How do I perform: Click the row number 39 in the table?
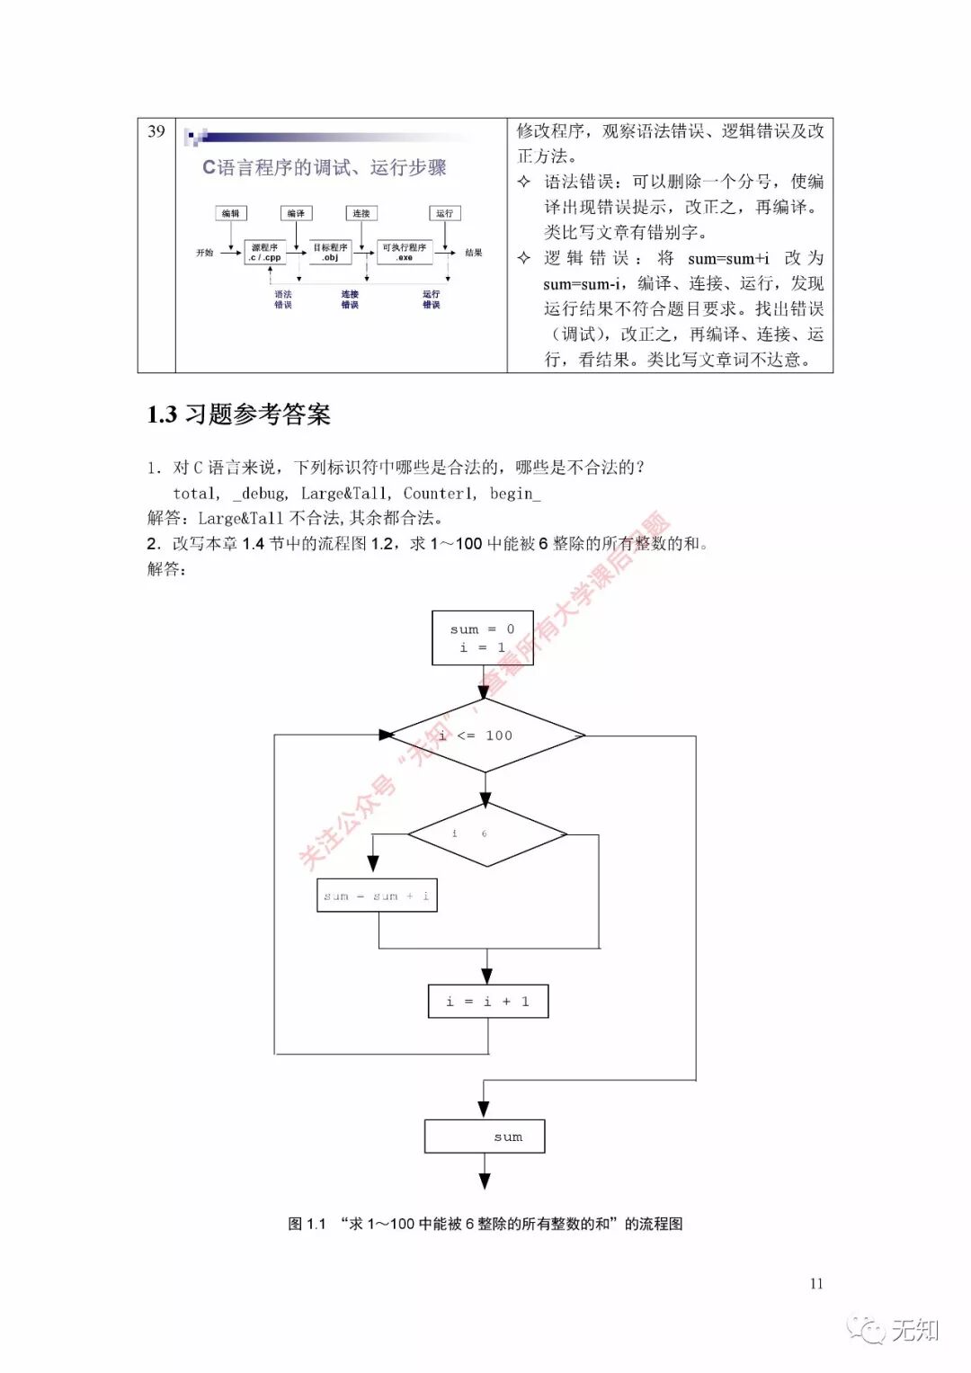coord(156,131)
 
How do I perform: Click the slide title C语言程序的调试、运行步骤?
coord(324,167)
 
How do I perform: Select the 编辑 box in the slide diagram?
coord(231,213)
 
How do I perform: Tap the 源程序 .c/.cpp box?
coord(265,252)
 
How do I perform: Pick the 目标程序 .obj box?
coord(330,252)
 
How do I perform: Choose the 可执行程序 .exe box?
coord(405,252)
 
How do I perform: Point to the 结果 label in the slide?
coord(474,253)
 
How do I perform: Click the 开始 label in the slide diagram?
coord(205,253)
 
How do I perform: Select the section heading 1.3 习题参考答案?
coord(239,415)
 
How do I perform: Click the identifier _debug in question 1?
coord(260,494)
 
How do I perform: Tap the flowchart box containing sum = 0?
coord(483,637)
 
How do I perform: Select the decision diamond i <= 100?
coord(486,736)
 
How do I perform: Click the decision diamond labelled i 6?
coord(486,834)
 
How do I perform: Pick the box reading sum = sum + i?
coord(377,896)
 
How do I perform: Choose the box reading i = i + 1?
coord(487,1002)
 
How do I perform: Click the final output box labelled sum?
coord(485,1137)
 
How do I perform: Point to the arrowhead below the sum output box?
coord(485,1181)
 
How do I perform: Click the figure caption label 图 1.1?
coord(307,1224)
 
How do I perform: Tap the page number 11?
coord(816,1283)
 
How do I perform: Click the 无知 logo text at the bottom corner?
coord(914,1330)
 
